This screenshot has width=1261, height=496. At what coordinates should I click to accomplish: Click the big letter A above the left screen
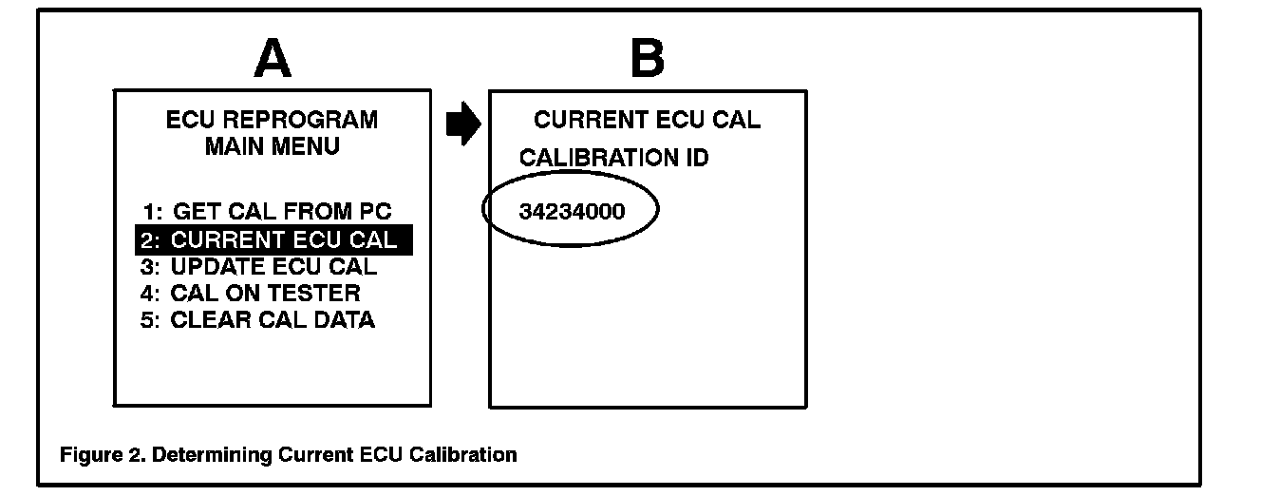coord(273,61)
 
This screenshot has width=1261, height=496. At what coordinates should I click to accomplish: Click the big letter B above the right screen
coord(648,61)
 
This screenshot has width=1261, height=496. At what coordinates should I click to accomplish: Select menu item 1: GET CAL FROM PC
coord(266,211)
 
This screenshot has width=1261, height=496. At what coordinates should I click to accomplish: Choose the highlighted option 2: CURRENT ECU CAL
coord(273,239)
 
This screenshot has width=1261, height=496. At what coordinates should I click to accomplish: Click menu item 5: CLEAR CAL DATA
coord(257,320)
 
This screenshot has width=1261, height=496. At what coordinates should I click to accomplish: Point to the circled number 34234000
coord(573,211)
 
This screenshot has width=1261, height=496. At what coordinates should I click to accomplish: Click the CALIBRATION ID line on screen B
coord(613,158)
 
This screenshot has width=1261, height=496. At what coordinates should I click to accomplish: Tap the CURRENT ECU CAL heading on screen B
coord(647,121)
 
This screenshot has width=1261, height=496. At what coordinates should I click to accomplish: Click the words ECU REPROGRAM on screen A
coord(272,121)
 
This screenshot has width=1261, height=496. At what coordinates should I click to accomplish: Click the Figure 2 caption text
coord(289,455)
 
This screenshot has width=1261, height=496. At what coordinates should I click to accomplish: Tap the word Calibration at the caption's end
coord(463,455)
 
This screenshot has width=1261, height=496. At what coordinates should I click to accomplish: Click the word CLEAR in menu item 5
coord(204,320)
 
